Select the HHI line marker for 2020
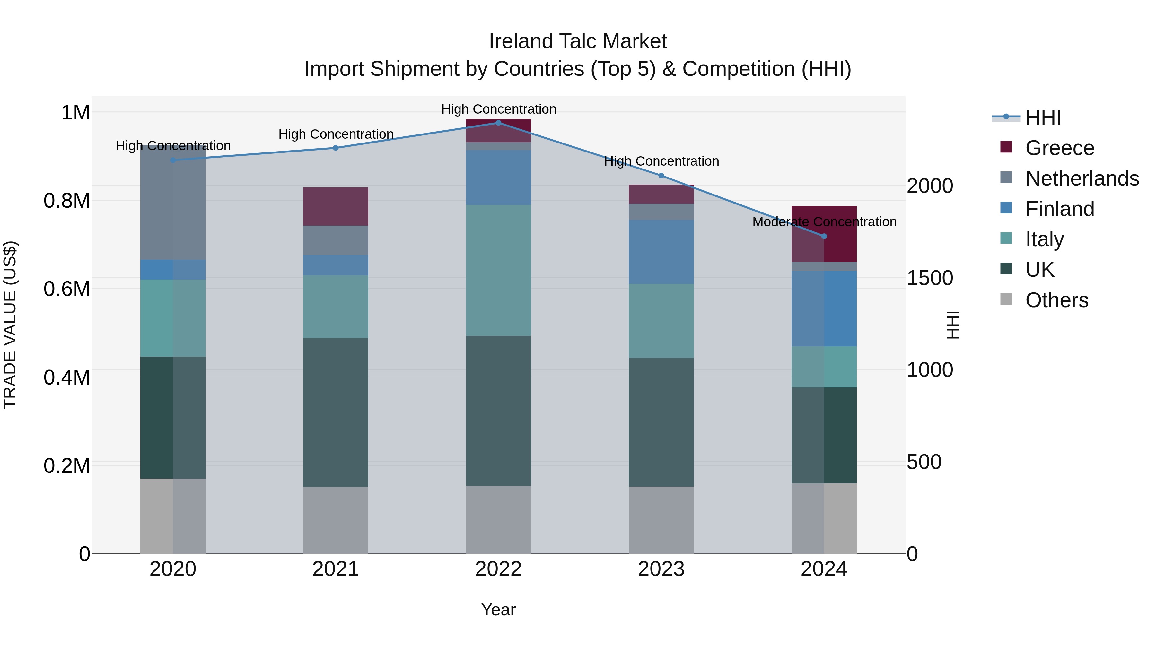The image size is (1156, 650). click(x=173, y=160)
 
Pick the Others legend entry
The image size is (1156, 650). click(x=1056, y=300)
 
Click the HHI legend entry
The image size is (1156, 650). click(x=1042, y=117)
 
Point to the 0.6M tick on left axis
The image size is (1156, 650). click(x=67, y=289)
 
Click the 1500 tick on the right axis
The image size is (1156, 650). click(x=929, y=278)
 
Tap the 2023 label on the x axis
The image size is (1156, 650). click(x=661, y=569)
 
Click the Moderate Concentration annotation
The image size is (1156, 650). click(x=824, y=221)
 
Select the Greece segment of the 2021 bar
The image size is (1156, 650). click(x=336, y=206)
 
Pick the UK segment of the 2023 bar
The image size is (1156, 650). click(x=661, y=422)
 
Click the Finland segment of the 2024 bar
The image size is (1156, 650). click(x=824, y=308)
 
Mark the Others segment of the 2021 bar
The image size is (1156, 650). click(x=336, y=520)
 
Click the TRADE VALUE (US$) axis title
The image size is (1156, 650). click(x=10, y=325)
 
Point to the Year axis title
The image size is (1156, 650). click(x=498, y=610)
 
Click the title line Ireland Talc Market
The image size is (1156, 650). click(x=578, y=41)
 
